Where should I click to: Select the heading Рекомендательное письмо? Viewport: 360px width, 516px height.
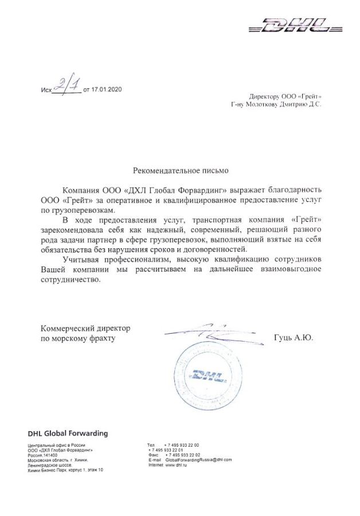[180, 170]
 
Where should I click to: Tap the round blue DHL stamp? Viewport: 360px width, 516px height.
[206, 376]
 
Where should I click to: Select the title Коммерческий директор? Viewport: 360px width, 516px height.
[85, 329]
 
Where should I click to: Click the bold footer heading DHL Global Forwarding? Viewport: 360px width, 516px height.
[68, 433]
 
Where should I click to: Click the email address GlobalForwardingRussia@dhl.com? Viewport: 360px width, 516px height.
[198, 460]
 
